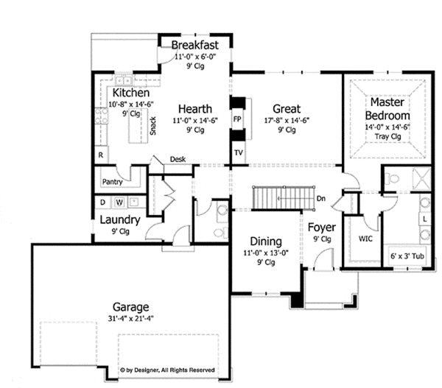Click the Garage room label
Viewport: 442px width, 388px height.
[x=130, y=307]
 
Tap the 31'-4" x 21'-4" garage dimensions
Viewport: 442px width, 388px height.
[x=130, y=319]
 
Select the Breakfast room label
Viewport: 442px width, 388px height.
[x=194, y=46]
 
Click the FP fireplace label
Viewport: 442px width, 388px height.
[x=237, y=118]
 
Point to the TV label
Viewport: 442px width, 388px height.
[x=238, y=152]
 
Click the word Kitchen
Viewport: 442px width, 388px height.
[x=131, y=94]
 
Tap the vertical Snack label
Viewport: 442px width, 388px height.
[x=152, y=126]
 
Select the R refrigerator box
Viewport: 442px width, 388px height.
[x=100, y=155]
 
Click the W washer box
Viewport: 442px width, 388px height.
[x=118, y=201]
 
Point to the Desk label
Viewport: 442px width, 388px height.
[x=178, y=159]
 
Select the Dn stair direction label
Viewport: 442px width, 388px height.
[x=321, y=199]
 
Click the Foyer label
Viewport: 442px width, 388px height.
[x=322, y=227]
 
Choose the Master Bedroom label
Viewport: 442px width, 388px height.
[x=390, y=109]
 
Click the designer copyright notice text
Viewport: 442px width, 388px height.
[x=167, y=370]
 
